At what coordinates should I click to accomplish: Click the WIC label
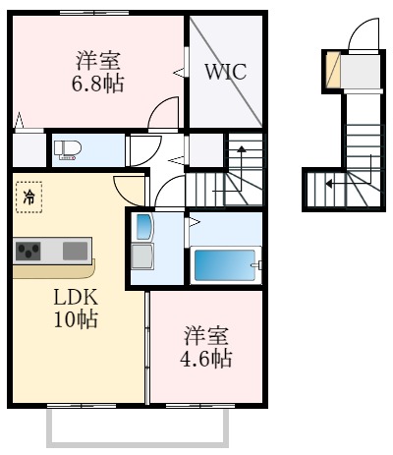(x=225, y=72)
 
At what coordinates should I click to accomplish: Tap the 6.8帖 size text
(x=98, y=84)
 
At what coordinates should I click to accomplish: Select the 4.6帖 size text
(x=206, y=359)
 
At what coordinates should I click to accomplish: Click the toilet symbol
(x=67, y=149)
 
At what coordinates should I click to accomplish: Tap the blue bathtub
(x=225, y=265)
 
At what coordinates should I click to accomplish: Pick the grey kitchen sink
(x=75, y=251)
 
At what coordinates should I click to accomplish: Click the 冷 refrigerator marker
(x=28, y=197)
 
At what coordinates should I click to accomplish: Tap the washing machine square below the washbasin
(x=143, y=259)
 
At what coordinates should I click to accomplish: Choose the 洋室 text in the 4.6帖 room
(x=206, y=336)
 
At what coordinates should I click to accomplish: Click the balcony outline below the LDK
(x=137, y=429)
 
